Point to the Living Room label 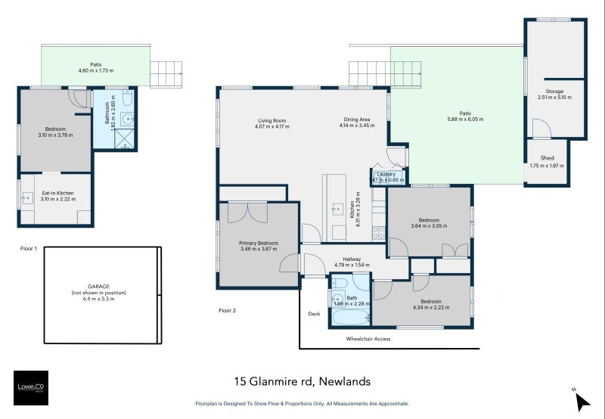(x=271, y=120)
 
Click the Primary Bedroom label (x=259, y=243)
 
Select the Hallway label (x=352, y=259)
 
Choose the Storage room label (x=556, y=92)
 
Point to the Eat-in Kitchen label (x=57, y=193)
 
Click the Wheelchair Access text (x=368, y=339)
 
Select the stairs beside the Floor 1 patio (x=166, y=74)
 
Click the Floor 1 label (x=30, y=247)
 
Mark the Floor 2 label (x=227, y=310)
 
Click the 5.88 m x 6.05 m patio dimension (x=464, y=119)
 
